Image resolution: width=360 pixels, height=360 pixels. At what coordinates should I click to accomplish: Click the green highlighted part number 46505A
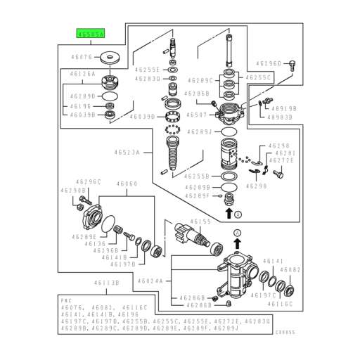pyautogui.click(x=90, y=32)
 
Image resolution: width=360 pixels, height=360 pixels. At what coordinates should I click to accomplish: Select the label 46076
pyautogui.click(x=82, y=56)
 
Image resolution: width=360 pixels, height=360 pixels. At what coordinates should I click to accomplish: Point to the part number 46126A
pyautogui.click(x=82, y=73)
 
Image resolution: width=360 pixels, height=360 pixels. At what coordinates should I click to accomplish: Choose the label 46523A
pyautogui.click(x=128, y=152)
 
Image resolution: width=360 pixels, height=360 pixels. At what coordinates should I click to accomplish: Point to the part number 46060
pyautogui.click(x=127, y=183)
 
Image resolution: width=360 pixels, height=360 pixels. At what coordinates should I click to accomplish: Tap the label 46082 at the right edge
pyautogui.click(x=290, y=269)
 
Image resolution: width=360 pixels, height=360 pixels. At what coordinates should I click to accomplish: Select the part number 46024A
pyautogui.click(x=150, y=281)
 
